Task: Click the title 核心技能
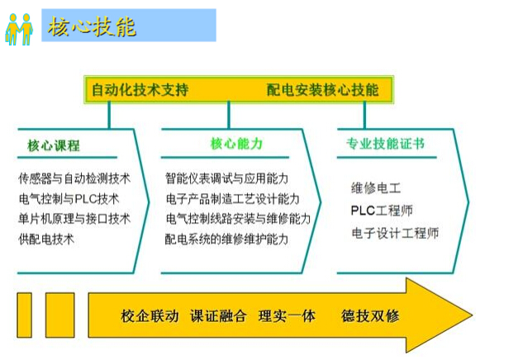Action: [92, 26]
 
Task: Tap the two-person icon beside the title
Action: [19, 29]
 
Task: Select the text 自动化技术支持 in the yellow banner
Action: [140, 90]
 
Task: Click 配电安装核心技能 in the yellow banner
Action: [322, 90]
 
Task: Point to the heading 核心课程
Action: [54, 146]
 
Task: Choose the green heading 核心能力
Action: [236, 144]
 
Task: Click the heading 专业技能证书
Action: [385, 144]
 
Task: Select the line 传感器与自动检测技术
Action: [74, 178]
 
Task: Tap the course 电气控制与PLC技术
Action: [69, 199]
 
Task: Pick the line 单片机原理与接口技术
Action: [74, 219]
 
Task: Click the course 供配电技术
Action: [46, 239]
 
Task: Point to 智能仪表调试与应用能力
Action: [226, 178]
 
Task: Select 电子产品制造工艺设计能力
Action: [232, 199]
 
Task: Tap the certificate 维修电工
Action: [376, 187]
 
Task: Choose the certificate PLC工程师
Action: [382, 211]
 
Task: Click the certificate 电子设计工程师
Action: [395, 233]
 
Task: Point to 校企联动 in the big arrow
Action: [150, 316]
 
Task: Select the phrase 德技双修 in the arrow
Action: [370, 315]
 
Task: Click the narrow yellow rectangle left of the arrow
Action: [25, 315]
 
